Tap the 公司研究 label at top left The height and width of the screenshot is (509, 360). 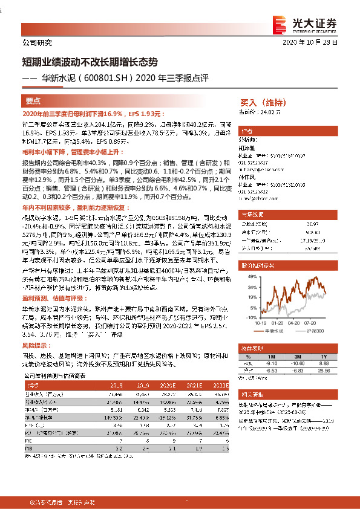tap(36, 44)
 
